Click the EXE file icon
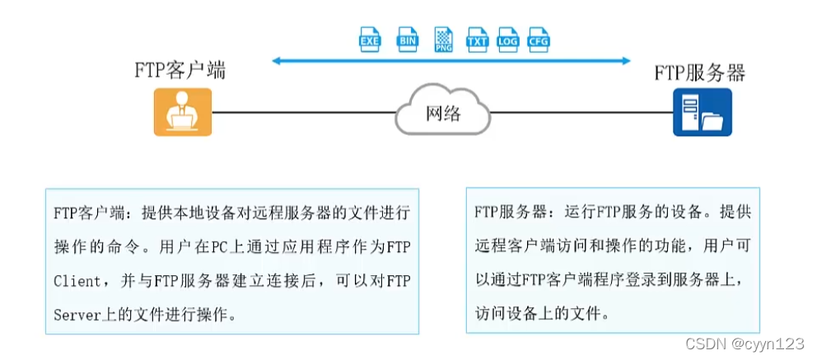[x=370, y=39]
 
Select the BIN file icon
[x=407, y=39]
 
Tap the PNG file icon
[x=443, y=39]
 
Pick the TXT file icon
[x=477, y=39]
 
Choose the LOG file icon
[x=508, y=39]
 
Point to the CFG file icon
[x=539, y=39]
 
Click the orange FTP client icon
[x=183, y=112]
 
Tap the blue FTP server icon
[x=703, y=112]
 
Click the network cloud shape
[x=442, y=112]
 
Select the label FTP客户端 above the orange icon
[x=180, y=70]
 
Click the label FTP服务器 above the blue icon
[x=699, y=72]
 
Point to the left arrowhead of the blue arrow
[x=277, y=60]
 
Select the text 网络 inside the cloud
[x=443, y=114]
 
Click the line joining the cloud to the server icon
[x=581, y=112]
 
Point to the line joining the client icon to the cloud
[x=305, y=112]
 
